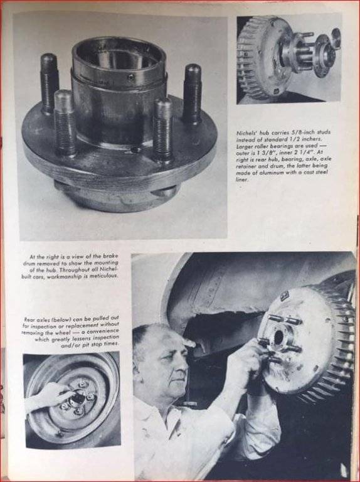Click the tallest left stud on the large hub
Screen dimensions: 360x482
tap(50, 83)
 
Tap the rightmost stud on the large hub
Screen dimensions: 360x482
tap(192, 93)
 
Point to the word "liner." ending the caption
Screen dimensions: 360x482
tap(241, 179)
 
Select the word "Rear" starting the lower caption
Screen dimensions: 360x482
tap(29, 319)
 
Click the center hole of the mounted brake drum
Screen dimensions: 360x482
tap(278, 337)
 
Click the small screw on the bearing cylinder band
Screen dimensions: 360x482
tap(131, 77)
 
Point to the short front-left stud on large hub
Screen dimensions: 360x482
tap(65, 123)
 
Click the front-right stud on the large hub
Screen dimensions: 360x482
tap(162, 129)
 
